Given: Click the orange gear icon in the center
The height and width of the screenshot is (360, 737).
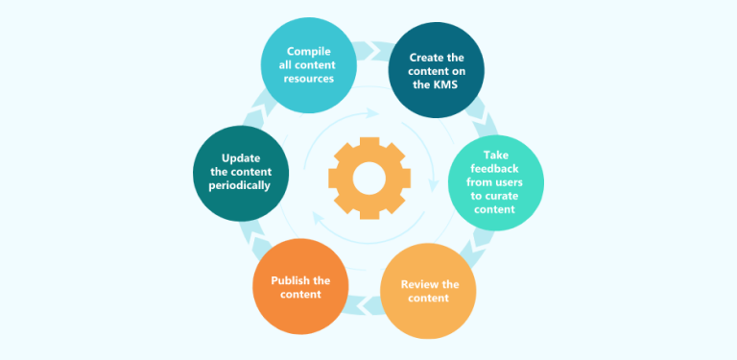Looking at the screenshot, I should pos(368,178).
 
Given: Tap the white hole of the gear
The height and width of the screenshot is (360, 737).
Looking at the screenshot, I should pos(368,178).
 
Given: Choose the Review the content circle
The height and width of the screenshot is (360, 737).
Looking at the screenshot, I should pos(429,291).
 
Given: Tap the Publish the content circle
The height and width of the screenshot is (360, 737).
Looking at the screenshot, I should pos(300,287).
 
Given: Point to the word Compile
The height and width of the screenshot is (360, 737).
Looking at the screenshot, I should pos(309,50).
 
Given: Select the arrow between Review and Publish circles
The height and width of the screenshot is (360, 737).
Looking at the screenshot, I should pos(365,306).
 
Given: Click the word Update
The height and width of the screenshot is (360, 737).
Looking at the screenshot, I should pos(241,157).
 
